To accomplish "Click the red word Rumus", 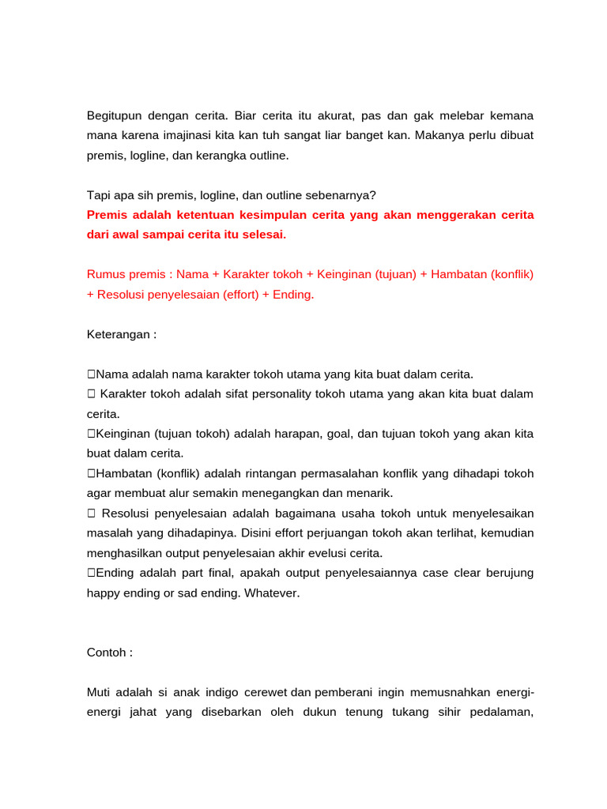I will click(106, 274).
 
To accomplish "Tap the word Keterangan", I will click(119, 334).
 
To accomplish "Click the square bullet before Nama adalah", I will click(91, 374).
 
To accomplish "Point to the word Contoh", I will click(107, 653).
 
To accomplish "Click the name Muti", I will click(99, 693).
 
